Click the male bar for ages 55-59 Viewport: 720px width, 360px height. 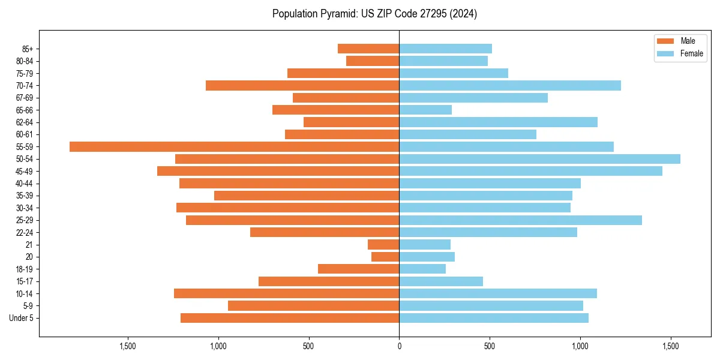tap(234, 146)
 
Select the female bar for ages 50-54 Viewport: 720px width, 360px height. tap(539, 159)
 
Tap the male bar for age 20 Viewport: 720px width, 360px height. tap(385, 257)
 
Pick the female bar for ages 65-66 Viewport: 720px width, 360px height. tap(425, 110)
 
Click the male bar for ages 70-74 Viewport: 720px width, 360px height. tap(302, 85)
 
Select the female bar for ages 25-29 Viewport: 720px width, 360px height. tap(520, 220)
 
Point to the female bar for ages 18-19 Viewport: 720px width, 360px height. tap(422, 269)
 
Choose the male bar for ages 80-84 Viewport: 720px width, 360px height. tap(373, 61)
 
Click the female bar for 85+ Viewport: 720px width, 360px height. tap(445, 49)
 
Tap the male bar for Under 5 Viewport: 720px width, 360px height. tap(290, 318)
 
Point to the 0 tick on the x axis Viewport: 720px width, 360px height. tap(399, 346)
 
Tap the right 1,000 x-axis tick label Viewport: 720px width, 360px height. tap(580, 346)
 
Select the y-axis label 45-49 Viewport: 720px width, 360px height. tap(25, 171)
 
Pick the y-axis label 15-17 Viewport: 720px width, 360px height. tap(25, 281)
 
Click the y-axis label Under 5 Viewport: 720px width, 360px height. tap(22, 318)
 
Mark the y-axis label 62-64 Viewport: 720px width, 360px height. tap(25, 122)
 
